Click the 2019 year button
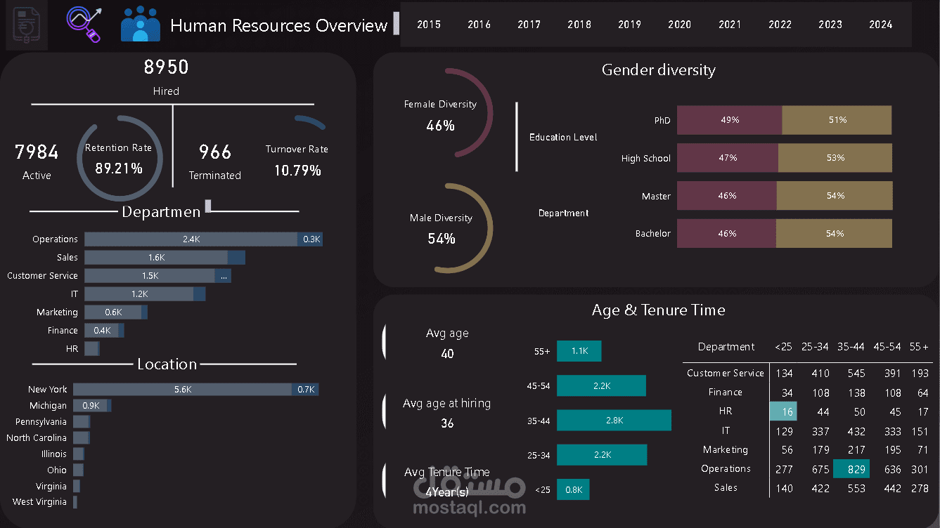coord(629,25)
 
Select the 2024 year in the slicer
coord(880,25)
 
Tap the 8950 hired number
coord(166,67)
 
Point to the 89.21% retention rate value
coord(119,169)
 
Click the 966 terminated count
coord(215,152)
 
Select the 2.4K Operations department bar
coord(191,239)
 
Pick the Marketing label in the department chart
coord(57,312)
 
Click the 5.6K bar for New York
coord(182,389)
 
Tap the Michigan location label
coord(48,405)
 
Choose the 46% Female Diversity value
coord(440,126)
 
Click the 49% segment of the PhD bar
coord(729,120)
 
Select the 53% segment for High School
coord(835,158)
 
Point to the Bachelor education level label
coord(652,233)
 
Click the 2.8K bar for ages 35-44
coord(614,420)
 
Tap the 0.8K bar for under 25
coord(573,489)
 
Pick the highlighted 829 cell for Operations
coord(851,468)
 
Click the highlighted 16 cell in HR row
coord(783,411)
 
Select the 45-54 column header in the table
coord(887,347)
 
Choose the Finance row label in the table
coord(725,392)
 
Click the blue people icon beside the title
coord(141,25)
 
